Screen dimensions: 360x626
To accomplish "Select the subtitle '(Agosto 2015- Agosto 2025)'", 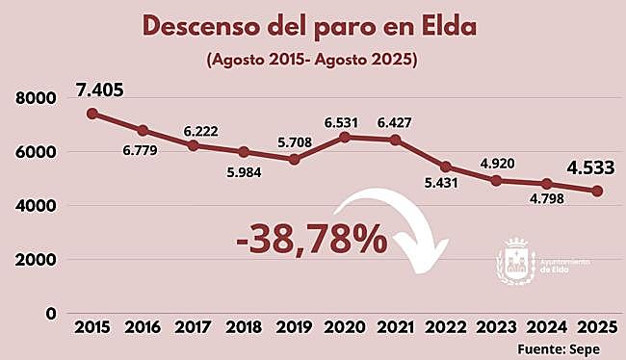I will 309,60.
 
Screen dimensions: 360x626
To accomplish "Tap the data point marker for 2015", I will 92,114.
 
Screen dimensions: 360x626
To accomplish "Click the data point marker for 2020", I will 345,137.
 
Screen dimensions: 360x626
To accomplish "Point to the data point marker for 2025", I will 597,191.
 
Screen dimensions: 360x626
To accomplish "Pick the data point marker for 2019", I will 295,159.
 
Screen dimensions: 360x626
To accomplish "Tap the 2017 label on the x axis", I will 194,328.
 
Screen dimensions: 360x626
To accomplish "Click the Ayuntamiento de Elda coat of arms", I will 515,262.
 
